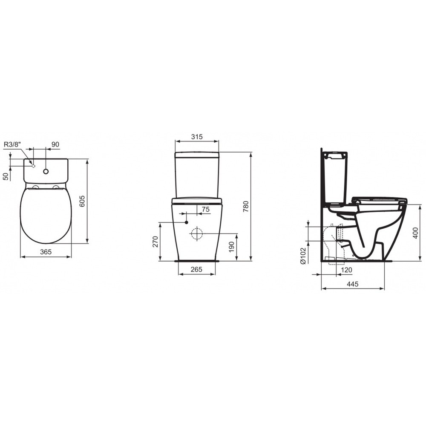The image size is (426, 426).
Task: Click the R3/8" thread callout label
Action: coord(12,144)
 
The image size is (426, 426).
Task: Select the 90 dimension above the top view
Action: coord(55,144)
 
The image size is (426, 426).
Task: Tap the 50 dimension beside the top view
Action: coord(6,176)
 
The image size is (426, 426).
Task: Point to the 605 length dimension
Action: coord(82,201)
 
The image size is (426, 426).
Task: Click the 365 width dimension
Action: coord(46,252)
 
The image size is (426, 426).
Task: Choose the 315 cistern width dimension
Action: coord(197,137)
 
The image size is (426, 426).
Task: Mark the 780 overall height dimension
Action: coord(246,207)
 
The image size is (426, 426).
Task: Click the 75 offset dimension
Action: coord(206,209)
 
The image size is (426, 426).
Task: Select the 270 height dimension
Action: coord(155,242)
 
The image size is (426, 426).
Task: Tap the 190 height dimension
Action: coord(231,247)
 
